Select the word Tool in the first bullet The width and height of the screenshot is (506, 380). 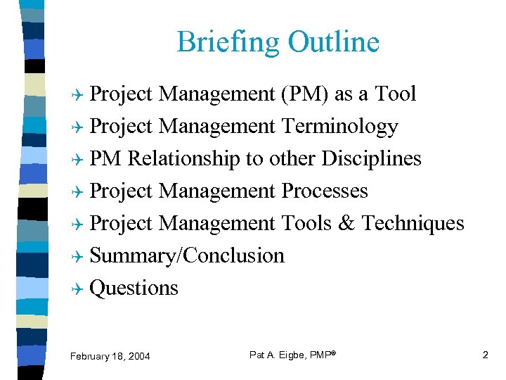396,94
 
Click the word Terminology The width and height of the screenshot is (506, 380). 339,127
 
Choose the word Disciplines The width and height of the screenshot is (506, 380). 371,159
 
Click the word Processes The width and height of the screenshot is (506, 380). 324,191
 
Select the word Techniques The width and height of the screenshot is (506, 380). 413,223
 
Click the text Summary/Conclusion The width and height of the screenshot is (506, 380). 187,255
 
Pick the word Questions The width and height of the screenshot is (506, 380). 134,288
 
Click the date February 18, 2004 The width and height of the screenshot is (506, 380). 110,357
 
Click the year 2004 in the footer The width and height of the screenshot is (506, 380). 138,357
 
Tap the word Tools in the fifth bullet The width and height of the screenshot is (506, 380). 306,223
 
